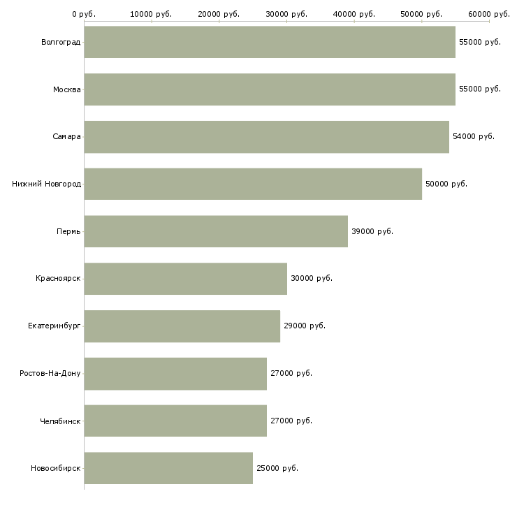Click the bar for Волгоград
270,42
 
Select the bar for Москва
270,89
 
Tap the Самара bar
266,137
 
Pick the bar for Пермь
216,231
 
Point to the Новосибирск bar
168,468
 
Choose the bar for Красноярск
185,279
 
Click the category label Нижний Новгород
46,184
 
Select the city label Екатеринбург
54,326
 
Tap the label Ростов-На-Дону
50,373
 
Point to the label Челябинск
60,421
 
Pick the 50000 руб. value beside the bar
446,184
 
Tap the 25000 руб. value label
277,468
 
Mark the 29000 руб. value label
305,326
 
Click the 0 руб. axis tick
84,14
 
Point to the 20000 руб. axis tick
219,14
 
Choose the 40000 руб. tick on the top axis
354,14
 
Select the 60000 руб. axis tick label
489,14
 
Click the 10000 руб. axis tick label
152,14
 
